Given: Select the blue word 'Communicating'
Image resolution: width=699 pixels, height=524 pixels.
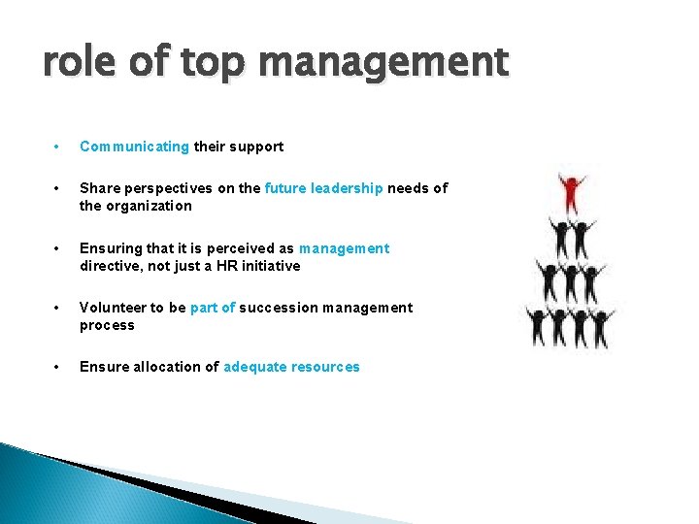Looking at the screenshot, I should click(x=134, y=147).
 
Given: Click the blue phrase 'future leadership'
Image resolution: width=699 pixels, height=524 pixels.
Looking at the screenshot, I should click(x=323, y=188).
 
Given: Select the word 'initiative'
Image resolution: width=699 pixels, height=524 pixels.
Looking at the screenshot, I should click(x=271, y=266).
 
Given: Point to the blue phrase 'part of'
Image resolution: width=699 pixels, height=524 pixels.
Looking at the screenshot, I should click(x=213, y=308).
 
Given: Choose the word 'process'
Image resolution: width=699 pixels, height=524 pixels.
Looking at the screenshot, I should click(x=107, y=325).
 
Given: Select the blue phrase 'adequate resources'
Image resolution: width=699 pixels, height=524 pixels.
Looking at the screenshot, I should click(x=291, y=367).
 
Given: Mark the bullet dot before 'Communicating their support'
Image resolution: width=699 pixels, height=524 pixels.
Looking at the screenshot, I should click(x=59, y=147).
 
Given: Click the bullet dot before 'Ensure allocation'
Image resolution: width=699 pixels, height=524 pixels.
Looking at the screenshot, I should click(x=59, y=367).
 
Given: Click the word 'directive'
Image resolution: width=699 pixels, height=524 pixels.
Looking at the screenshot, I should click(x=109, y=266).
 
